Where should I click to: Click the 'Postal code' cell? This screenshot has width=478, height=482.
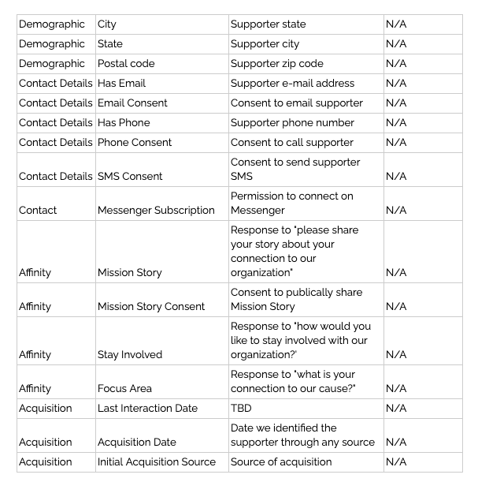tap(126, 64)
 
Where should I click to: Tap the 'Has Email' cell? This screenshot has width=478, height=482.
tap(121, 84)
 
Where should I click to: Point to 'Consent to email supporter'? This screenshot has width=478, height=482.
tap(296, 103)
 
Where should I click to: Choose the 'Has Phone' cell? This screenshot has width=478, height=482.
tap(124, 123)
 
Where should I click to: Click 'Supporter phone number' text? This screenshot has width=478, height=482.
tap(292, 123)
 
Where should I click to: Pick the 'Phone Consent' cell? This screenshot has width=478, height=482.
tap(134, 143)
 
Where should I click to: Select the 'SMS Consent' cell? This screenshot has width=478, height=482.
tap(130, 176)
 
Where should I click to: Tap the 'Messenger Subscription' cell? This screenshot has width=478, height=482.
tap(156, 210)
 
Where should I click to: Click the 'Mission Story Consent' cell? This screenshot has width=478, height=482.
tap(151, 306)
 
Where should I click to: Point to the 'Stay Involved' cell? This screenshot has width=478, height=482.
tap(130, 354)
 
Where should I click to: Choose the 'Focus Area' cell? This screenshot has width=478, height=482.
tap(124, 388)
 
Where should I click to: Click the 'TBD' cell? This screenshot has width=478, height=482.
tap(241, 408)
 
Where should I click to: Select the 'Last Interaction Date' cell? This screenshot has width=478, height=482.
tap(147, 408)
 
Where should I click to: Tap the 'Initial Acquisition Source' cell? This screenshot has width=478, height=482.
tap(157, 461)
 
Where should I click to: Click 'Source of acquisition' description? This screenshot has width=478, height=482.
tap(281, 461)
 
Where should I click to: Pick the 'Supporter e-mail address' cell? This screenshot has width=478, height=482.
tap(292, 84)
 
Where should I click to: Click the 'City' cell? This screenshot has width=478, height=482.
tap(107, 24)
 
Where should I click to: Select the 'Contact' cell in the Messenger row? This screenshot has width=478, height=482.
tap(38, 210)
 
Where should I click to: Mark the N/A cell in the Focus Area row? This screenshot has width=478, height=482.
tap(396, 388)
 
